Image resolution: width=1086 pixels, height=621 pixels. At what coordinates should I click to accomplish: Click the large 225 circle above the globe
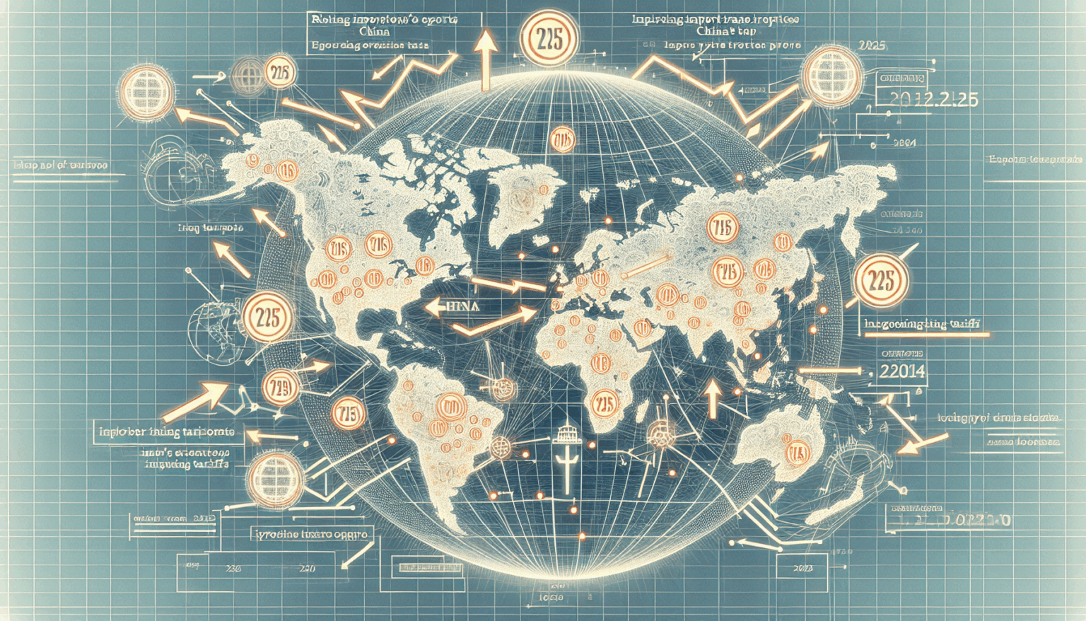point(549,40)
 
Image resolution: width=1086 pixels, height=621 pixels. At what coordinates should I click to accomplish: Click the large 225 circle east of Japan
point(881,281)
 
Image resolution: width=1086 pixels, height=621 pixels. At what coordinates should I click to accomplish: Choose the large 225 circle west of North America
point(268,317)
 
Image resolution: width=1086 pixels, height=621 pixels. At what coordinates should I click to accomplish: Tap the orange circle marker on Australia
point(798,451)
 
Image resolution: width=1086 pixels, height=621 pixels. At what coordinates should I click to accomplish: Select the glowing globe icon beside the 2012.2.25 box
point(832,74)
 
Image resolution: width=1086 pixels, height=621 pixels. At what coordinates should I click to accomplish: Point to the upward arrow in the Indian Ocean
point(713,398)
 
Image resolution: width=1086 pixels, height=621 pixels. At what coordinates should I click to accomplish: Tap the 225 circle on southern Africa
point(603,404)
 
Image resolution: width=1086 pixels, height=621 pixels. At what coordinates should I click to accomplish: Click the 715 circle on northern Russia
point(722,228)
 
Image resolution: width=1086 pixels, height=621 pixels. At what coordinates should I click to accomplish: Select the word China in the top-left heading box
point(374,32)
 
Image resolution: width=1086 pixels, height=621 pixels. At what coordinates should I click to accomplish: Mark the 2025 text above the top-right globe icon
point(872,45)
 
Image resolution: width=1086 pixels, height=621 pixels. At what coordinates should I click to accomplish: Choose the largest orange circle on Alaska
point(286,169)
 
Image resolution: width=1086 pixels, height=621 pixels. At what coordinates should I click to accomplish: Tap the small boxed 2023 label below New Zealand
point(802,568)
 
